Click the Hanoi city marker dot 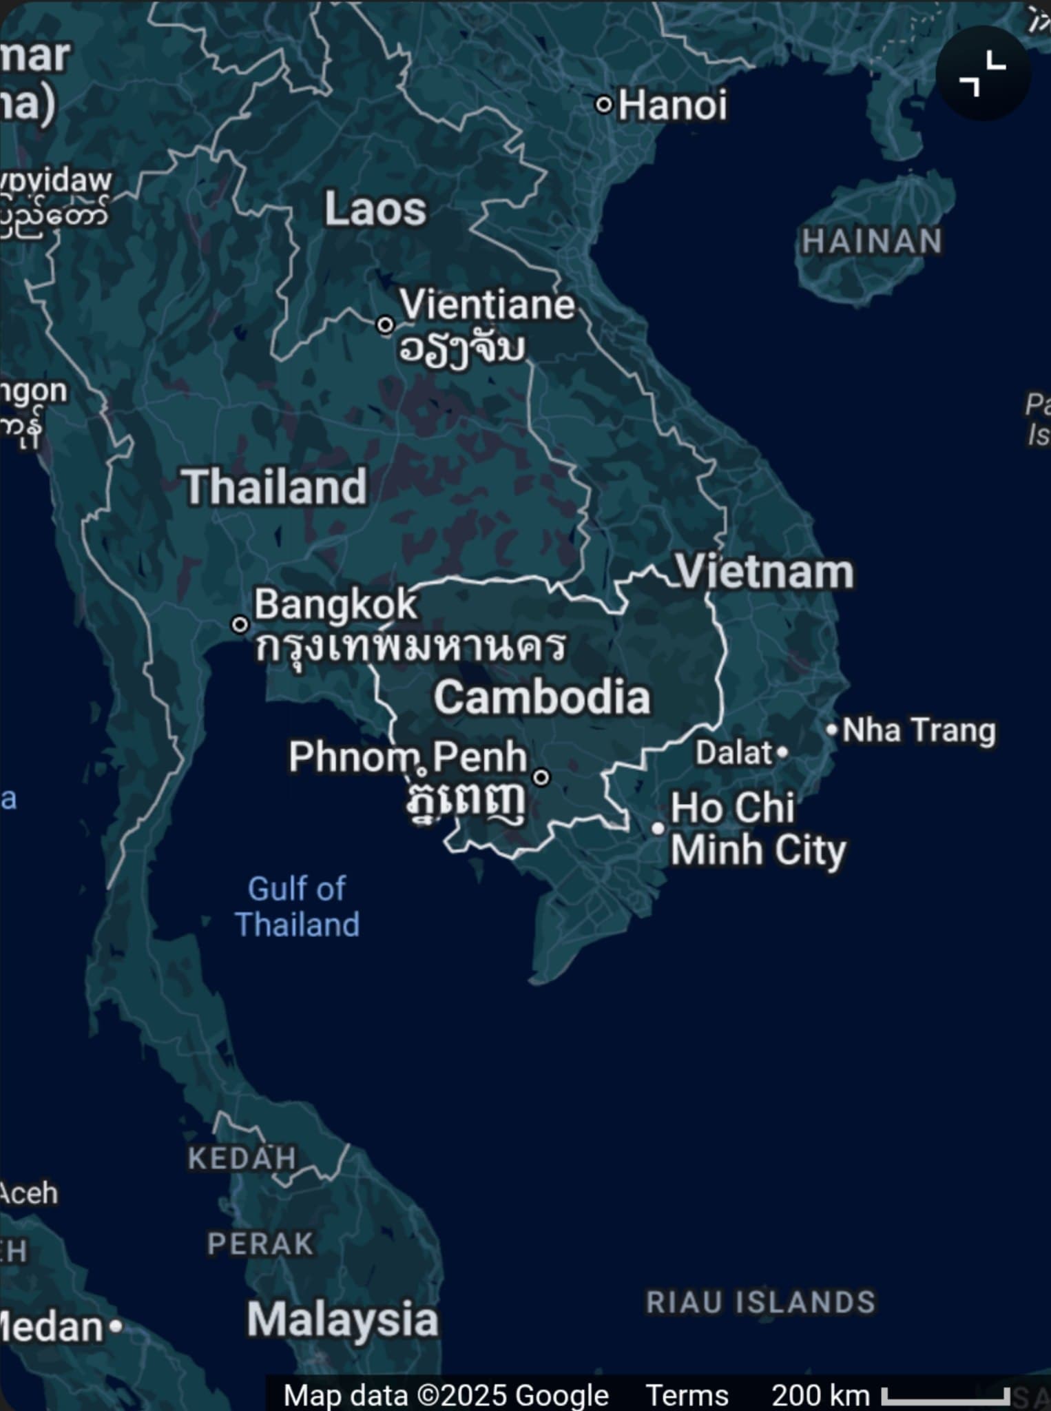coord(604,105)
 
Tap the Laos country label coord(375,209)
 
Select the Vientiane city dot coord(385,325)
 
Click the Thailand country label coord(274,487)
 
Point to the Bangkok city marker coord(240,625)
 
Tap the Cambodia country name coord(542,697)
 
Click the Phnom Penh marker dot coord(542,777)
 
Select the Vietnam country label coord(764,572)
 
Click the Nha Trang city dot coord(832,729)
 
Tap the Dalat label coord(734,753)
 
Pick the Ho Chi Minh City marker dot coord(658,828)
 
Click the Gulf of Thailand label coord(298,907)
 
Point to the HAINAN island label coord(872,242)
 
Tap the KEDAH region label coord(242,1158)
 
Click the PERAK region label coord(261,1244)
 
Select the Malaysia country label coord(342,1320)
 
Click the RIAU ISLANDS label coord(761,1302)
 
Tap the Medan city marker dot coord(116,1326)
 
